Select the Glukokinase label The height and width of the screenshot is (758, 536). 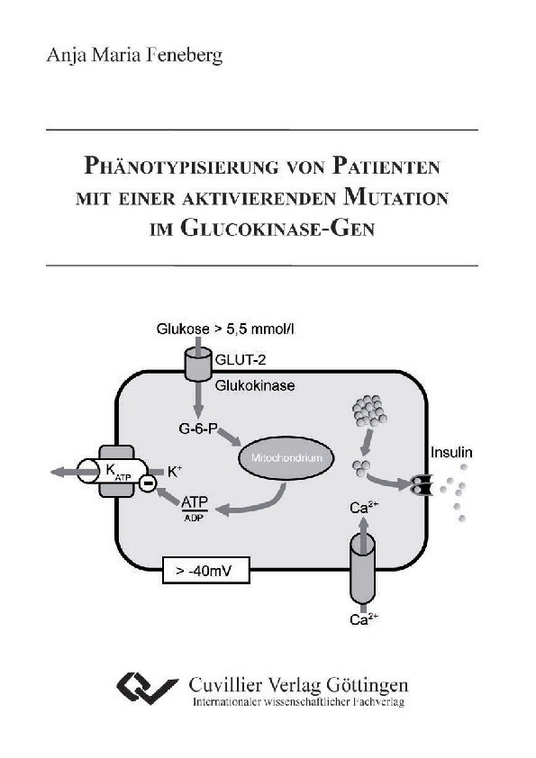(255, 385)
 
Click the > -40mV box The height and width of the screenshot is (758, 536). (204, 569)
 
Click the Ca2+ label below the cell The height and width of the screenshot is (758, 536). (363, 618)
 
